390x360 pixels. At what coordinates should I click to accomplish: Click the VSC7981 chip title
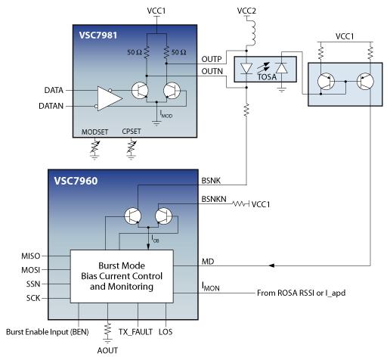pos(98,35)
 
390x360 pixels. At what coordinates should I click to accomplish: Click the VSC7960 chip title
pos(76,181)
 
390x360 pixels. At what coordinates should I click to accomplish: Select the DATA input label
pos(54,90)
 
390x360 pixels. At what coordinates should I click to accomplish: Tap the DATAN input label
pos(51,106)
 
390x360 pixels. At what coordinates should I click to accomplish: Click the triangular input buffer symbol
pos(109,98)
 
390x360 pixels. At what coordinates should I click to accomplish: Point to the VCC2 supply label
pos(246,11)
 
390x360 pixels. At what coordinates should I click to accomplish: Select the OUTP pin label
pos(212,59)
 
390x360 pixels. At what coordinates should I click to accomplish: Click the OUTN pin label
pos(212,71)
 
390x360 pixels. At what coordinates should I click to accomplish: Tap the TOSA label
pos(267,77)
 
